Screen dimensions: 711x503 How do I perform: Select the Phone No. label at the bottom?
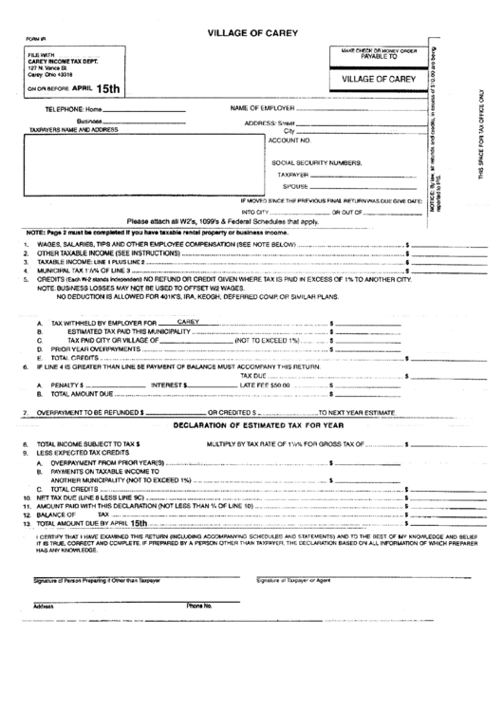click(x=198, y=605)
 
